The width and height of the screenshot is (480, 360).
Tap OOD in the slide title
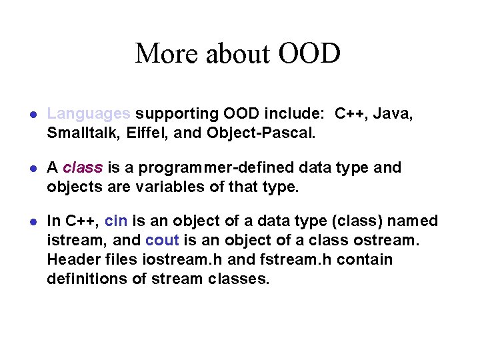pyautogui.click(x=309, y=53)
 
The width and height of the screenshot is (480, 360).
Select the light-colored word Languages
pyautogui.click(x=89, y=114)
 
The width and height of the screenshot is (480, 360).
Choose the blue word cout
pyautogui.click(x=162, y=240)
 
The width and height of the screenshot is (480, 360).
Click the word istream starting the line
pyautogui.click(x=71, y=240)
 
